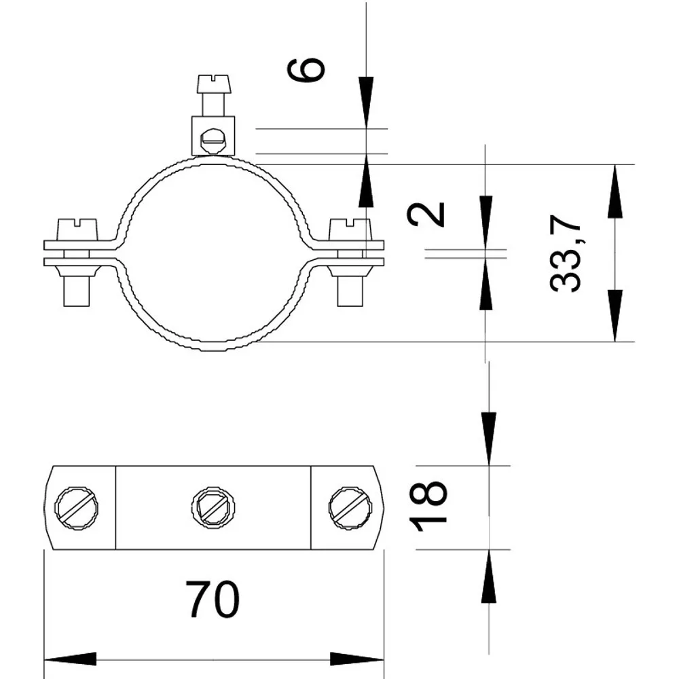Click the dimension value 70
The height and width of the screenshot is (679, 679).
212,600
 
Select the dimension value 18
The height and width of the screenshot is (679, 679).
428,505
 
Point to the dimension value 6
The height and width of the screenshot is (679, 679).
306,69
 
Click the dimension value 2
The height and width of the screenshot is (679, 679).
426,215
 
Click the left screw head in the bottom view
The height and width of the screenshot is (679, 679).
76,507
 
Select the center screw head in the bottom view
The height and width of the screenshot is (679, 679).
213,507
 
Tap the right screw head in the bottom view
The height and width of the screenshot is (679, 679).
350,507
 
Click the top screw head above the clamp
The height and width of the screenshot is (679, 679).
215,84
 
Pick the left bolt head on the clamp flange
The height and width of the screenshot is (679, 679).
77,230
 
